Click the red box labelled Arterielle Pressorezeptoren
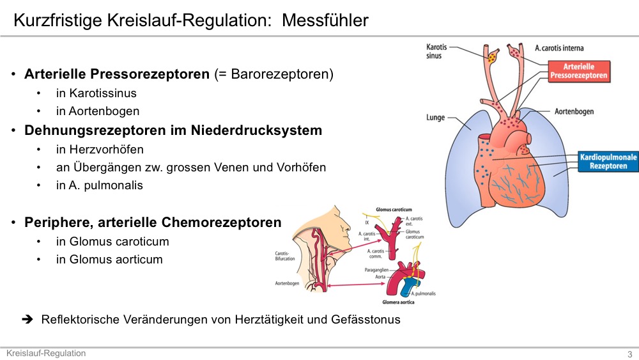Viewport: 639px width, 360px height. coord(579,72)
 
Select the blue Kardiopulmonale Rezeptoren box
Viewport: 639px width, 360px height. coord(608,161)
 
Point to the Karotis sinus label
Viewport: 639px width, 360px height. coord(436,51)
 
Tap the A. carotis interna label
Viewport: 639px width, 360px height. coord(559,48)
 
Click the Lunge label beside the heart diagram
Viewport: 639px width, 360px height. coord(435,118)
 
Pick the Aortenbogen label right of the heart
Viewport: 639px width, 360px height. coord(574,111)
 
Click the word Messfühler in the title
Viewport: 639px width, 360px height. coord(325,20)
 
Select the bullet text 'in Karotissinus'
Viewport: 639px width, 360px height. coord(96,93)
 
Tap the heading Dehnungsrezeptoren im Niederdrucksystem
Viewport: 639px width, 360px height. coord(173,130)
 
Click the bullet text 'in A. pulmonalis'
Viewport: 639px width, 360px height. coord(100,185)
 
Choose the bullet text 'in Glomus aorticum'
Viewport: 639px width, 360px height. coord(109,260)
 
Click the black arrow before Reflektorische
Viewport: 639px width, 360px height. coord(27,319)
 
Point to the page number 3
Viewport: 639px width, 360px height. coord(629,354)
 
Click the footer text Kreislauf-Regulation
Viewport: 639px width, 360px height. coord(46,353)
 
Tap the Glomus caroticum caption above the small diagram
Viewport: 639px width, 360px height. coord(394,209)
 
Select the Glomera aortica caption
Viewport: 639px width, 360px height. coord(398,302)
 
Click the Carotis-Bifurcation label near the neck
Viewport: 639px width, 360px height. coord(284,256)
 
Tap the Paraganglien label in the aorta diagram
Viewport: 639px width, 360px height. coord(376,270)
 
